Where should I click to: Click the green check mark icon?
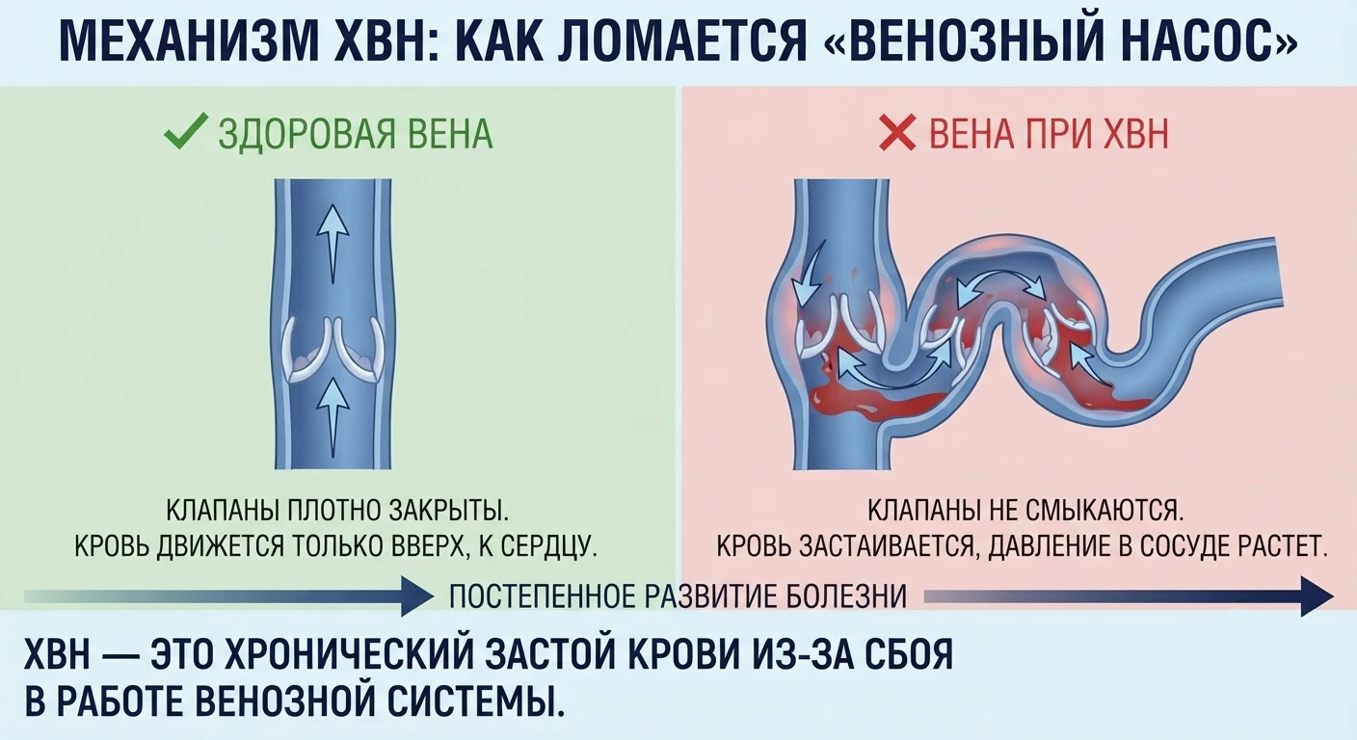(x=186, y=131)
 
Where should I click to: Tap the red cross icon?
(x=897, y=133)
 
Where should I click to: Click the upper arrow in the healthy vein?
(x=333, y=243)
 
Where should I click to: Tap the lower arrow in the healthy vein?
(x=333, y=417)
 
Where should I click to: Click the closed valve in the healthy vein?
(x=333, y=350)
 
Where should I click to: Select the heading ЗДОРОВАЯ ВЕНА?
(x=356, y=134)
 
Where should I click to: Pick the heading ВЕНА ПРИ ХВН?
(x=1049, y=134)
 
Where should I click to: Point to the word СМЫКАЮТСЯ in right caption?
(x=1105, y=511)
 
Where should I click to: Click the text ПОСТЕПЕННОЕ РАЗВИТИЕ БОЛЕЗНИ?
(x=678, y=595)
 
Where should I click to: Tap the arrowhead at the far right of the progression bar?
(x=1317, y=596)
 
